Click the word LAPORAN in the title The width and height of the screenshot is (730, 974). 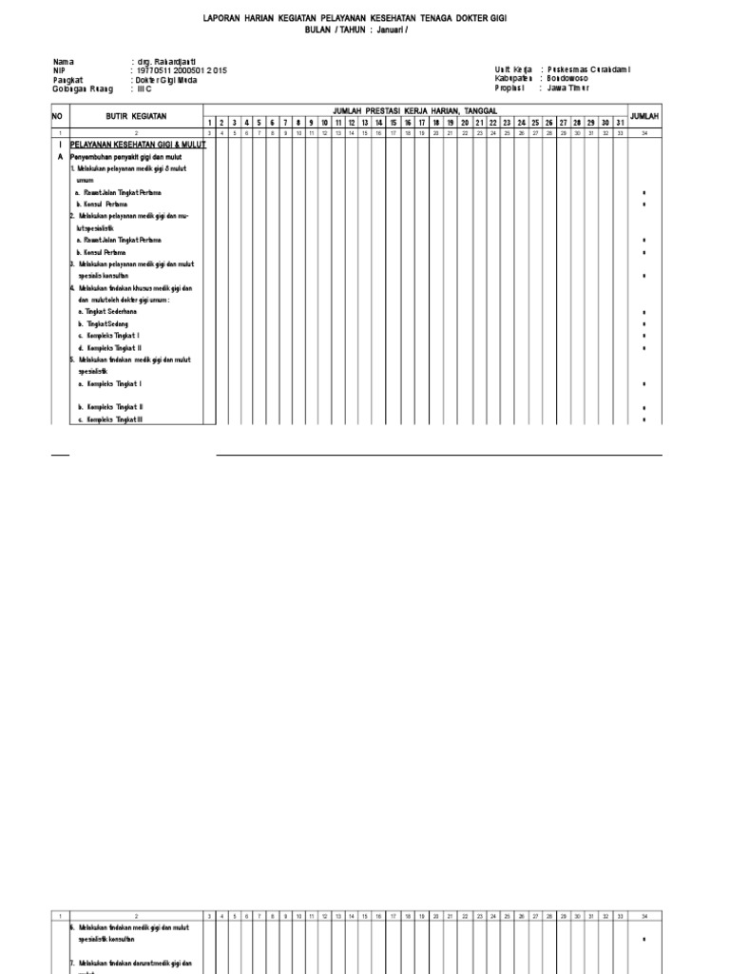(223, 18)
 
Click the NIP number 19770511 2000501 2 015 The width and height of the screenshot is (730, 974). (182, 70)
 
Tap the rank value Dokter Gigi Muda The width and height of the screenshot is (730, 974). (169, 80)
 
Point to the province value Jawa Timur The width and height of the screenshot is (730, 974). (568, 88)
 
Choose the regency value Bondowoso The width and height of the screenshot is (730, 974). (568, 79)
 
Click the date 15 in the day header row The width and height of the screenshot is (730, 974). (393, 123)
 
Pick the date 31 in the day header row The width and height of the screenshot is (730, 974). (620, 123)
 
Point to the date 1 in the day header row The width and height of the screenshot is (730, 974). (208, 123)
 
